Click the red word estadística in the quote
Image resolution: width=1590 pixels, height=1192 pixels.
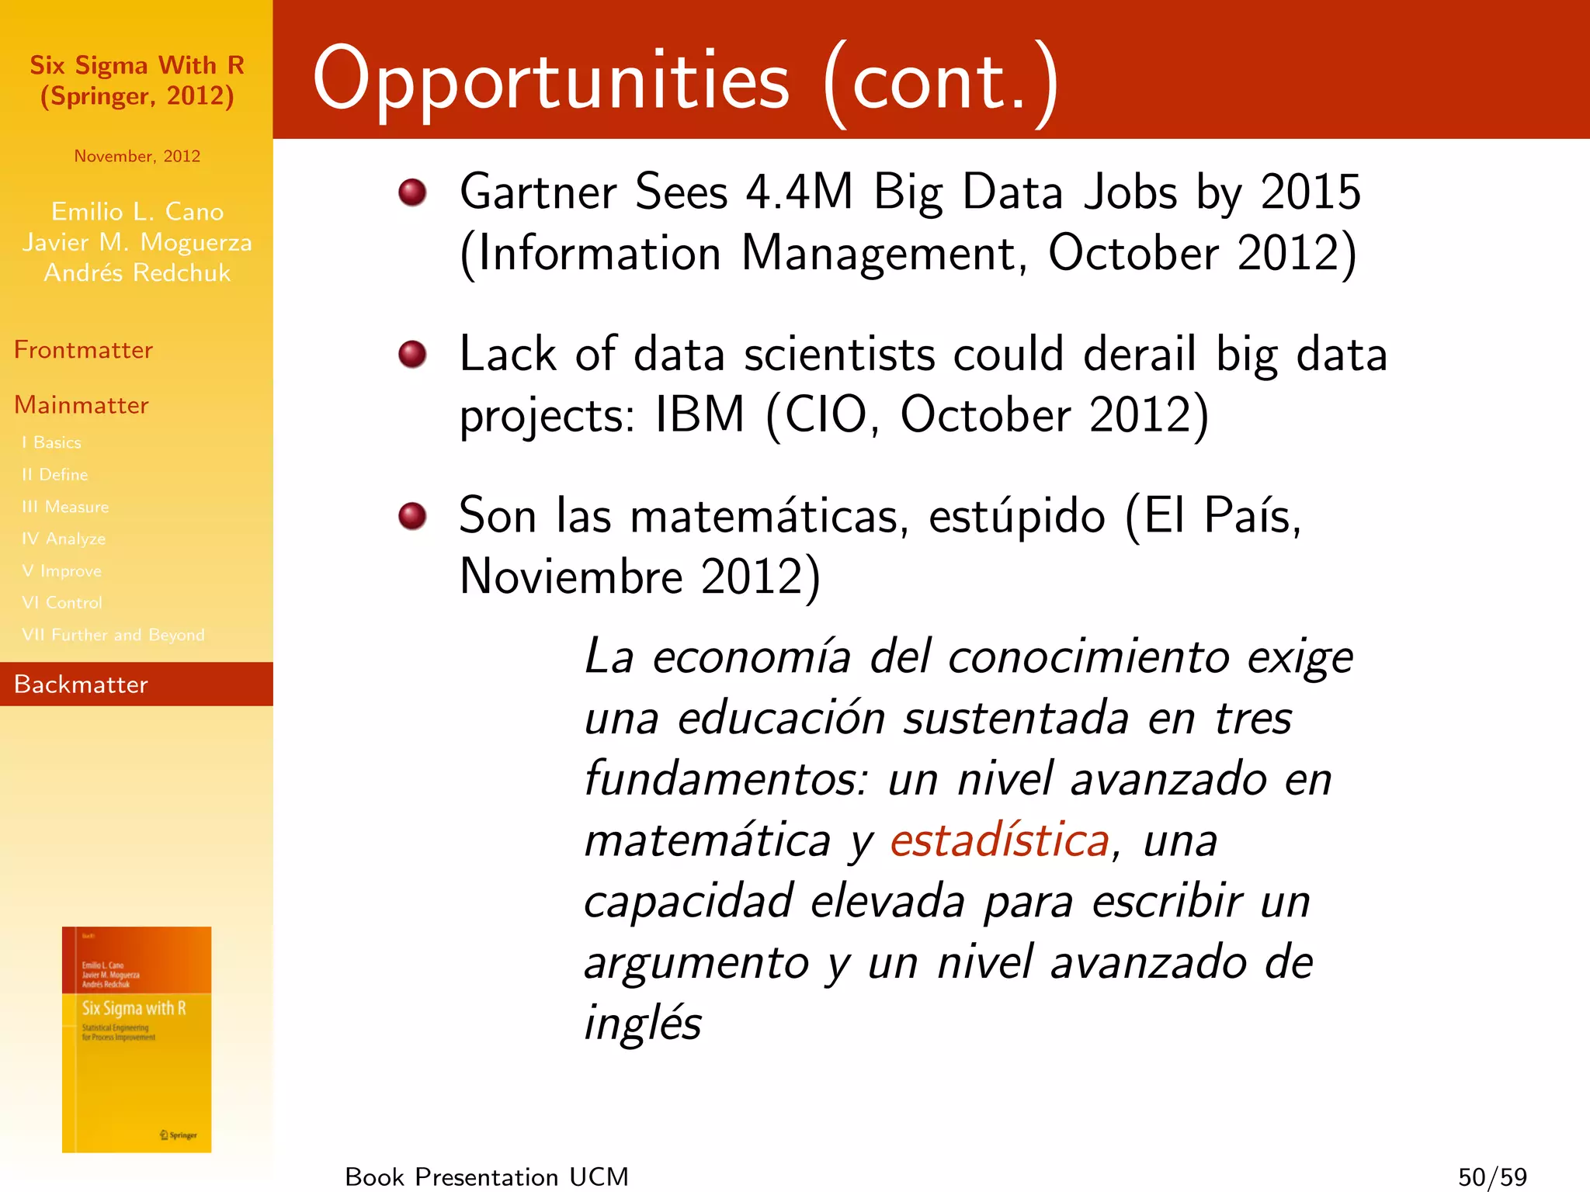click(1000, 840)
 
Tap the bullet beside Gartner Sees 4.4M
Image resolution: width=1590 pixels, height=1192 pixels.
click(412, 192)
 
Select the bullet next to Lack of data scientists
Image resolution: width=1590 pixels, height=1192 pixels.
click(412, 354)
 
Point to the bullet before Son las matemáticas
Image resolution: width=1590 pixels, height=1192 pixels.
click(412, 515)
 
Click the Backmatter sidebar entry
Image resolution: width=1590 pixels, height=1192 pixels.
click(81, 684)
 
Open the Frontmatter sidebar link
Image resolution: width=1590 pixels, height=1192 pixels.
click(83, 350)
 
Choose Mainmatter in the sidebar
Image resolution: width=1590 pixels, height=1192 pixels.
click(81, 405)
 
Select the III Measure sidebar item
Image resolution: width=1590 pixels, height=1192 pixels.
click(65, 507)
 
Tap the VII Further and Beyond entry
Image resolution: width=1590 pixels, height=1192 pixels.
click(113, 635)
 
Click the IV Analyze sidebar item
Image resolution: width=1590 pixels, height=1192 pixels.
click(64, 539)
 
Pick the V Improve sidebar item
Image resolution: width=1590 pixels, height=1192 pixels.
click(62, 571)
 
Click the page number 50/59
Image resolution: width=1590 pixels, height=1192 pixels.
click(1492, 1176)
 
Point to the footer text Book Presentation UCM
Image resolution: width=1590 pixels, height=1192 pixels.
click(487, 1176)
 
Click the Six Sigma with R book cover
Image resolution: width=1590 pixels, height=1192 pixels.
click(137, 1039)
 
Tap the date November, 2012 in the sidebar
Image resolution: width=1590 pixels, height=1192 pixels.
click(137, 156)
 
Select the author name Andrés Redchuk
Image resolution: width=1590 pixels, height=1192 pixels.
click(137, 273)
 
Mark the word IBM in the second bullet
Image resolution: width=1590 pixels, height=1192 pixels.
click(700, 414)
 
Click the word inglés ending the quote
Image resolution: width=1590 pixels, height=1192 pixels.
click(643, 1023)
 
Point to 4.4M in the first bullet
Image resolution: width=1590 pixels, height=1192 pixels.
click(800, 192)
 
